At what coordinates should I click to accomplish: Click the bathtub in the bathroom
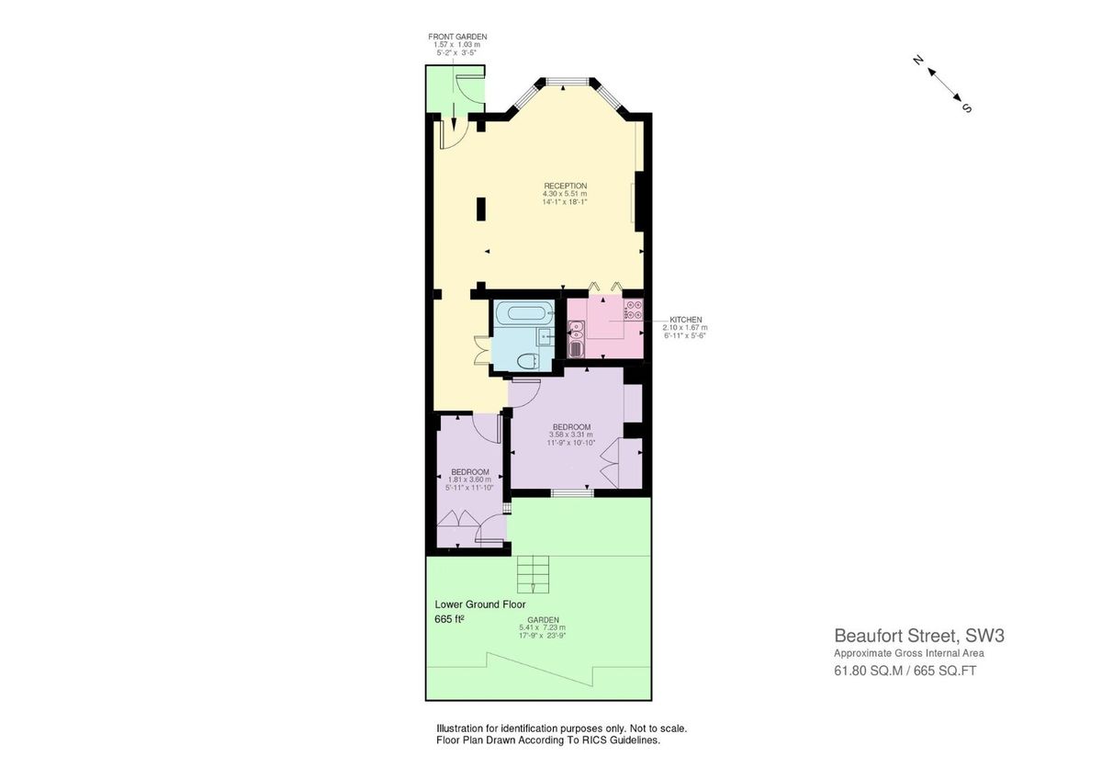521,313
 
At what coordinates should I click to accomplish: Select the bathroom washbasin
545,336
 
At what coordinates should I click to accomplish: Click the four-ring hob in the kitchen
633,310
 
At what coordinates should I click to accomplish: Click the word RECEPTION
565,186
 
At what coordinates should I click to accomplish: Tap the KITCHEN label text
685,320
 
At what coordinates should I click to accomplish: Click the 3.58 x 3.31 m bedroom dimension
570,435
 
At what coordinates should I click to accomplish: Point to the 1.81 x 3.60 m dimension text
469,480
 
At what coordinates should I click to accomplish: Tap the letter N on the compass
917,60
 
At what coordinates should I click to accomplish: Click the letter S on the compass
966,107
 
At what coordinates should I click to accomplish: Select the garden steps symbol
533,574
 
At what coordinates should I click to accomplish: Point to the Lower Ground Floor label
478,604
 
